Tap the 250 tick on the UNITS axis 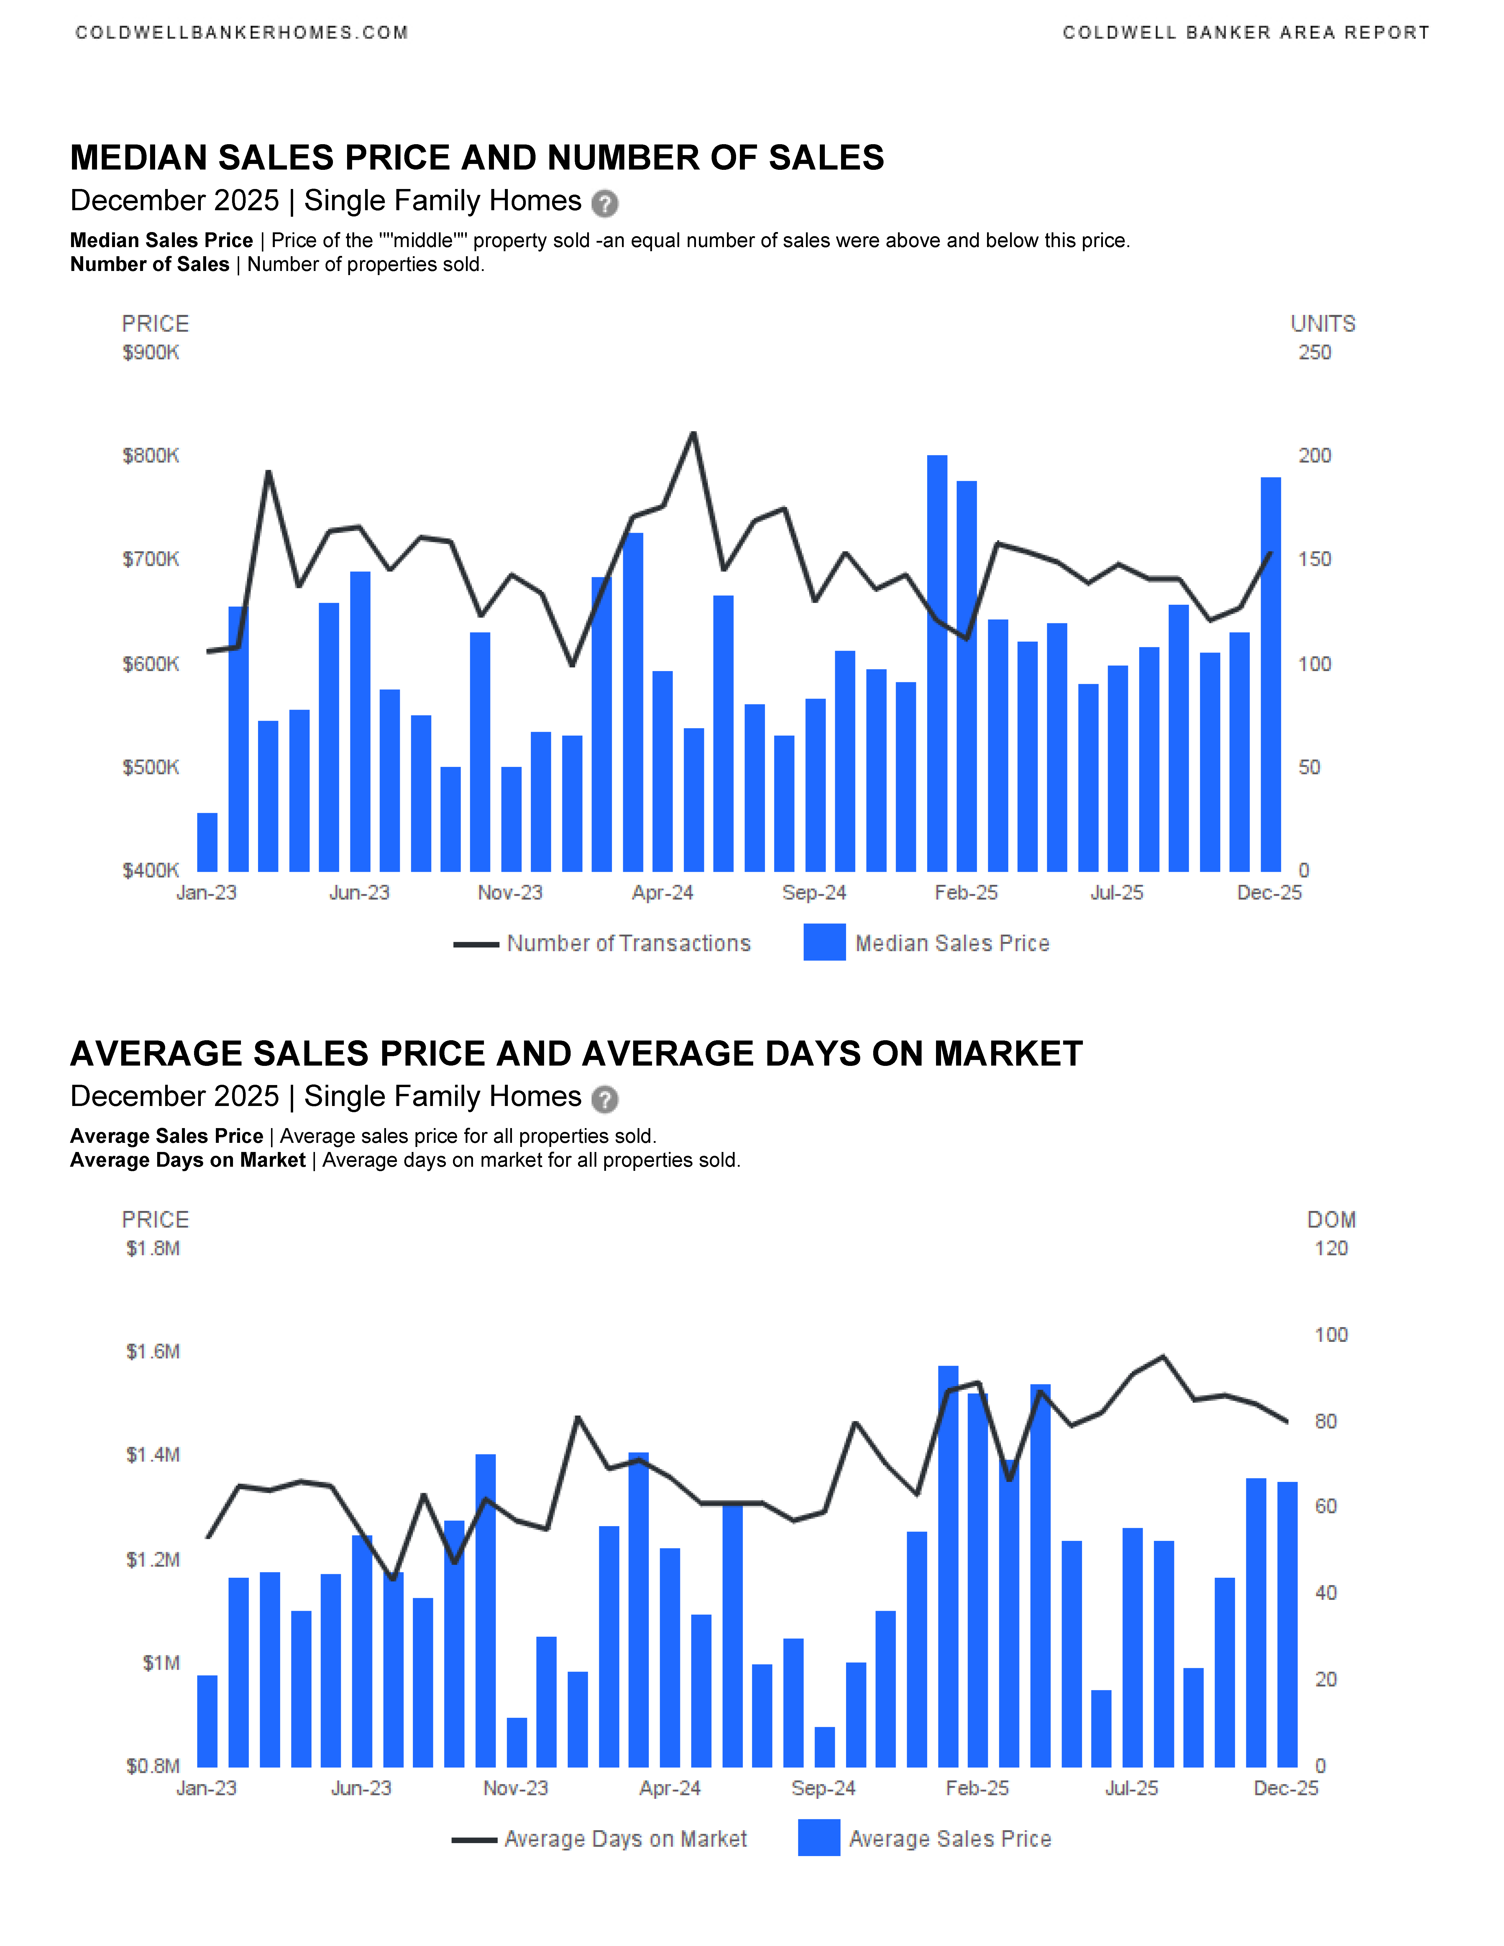coord(1314,353)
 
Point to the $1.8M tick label coord(153,1248)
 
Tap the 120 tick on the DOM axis coord(1331,1248)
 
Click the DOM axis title coord(1331,1220)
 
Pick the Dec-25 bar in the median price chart coord(1270,675)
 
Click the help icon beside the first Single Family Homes coord(605,203)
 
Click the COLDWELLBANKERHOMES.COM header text coord(242,33)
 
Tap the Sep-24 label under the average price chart coord(823,1788)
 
